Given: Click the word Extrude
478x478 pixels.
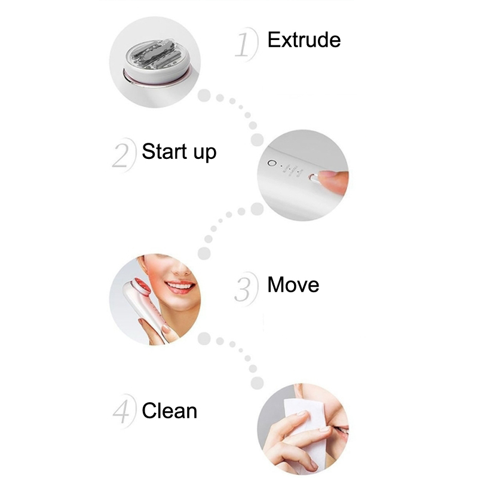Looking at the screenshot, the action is [x=304, y=40].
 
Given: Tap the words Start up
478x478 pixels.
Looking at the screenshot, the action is [x=179, y=152].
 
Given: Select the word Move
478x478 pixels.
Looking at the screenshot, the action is [x=293, y=285].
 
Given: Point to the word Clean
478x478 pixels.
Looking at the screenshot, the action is [x=170, y=410].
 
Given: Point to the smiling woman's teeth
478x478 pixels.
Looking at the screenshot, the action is [x=180, y=286].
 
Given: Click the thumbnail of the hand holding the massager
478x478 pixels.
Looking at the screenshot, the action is [x=166, y=329].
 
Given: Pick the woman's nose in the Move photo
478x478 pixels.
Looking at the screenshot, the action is [x=182, y=266].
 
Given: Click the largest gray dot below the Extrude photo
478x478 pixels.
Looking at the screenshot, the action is [x=204, y=96].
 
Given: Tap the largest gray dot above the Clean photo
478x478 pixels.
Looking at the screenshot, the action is [x=258, y=383].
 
